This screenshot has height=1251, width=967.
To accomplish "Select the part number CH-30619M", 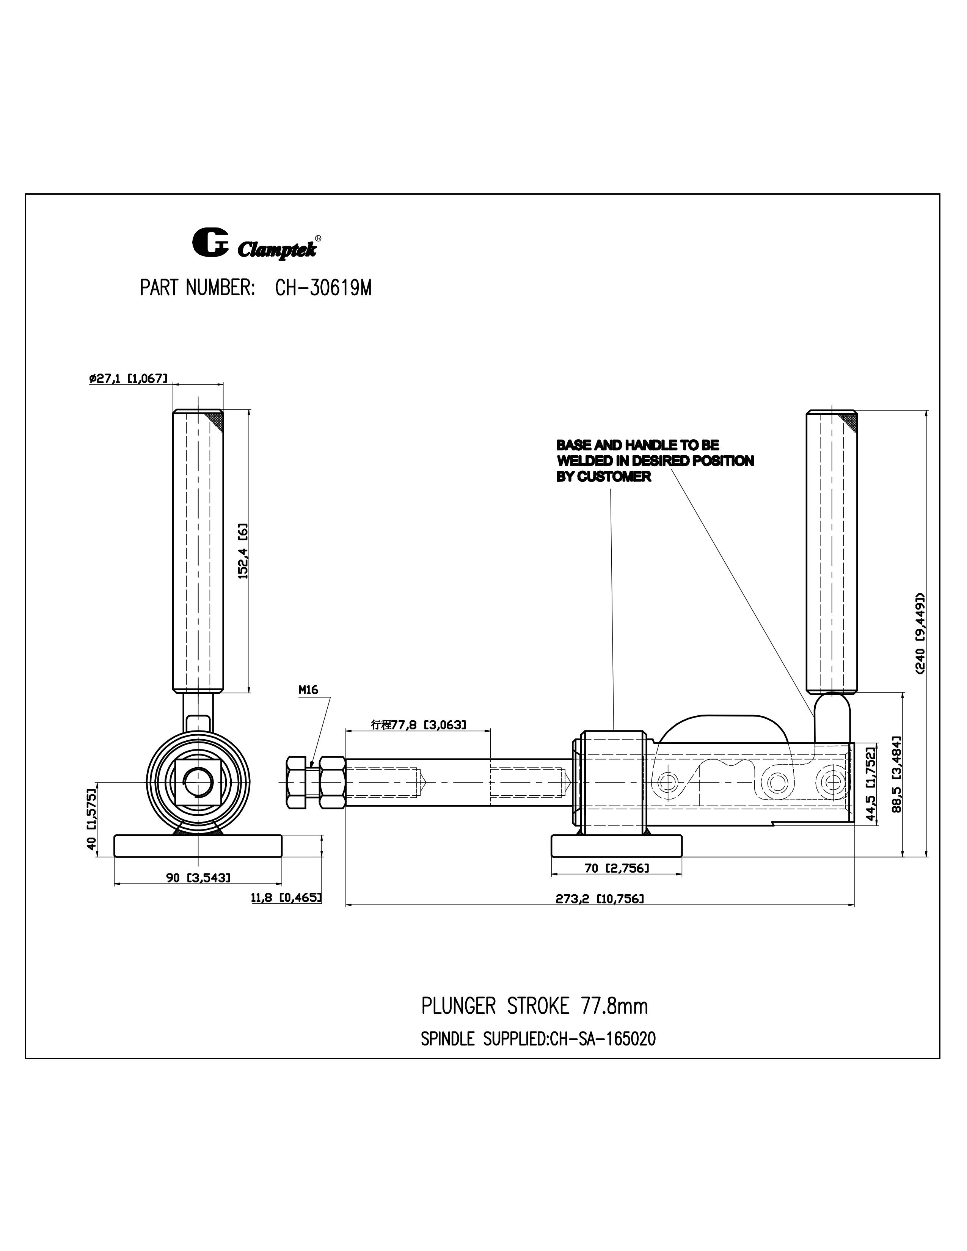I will point(323,288).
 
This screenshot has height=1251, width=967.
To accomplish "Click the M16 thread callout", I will point(308,690).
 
